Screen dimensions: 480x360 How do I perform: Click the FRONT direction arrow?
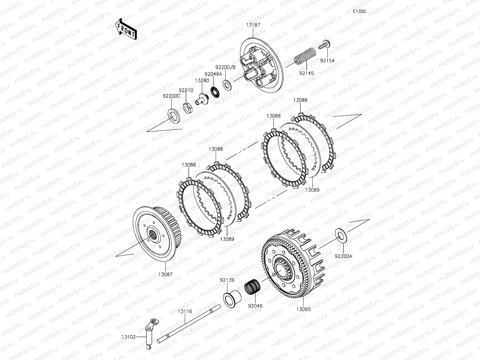tap(126, 29)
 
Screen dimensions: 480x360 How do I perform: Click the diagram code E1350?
tap(359, 11)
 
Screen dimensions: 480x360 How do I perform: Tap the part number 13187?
tap(253, 25)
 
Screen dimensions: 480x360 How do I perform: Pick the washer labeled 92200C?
tap(174, 116)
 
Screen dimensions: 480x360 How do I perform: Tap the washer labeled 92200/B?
tap(227, 85)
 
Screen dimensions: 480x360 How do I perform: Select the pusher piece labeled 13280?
tap(202, 100)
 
